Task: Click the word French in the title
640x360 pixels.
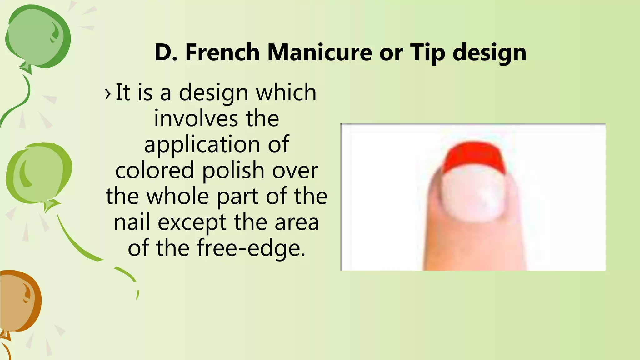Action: (222, 52)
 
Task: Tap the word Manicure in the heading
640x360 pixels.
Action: (319, 52)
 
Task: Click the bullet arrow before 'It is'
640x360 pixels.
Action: (108, 93)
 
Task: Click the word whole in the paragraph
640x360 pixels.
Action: (178, 196)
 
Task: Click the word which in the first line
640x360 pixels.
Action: (286, 92)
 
